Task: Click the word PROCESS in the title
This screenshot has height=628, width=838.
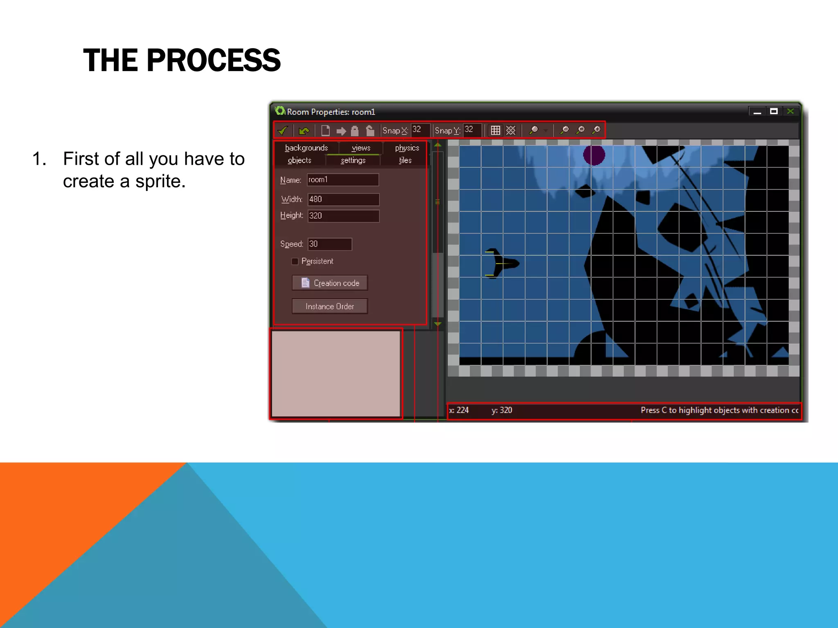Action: click(213, 60)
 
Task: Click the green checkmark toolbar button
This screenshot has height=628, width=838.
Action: click(282, 130)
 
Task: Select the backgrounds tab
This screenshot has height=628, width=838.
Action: click(306, 148)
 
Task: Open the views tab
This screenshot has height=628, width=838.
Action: click(360, 148)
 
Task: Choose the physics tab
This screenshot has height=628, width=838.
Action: click(407, 148)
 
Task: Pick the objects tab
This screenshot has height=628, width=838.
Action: click(299, 160)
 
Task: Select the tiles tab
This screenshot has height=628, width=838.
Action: click(405, 160)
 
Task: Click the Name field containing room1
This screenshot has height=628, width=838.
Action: click(343, 180)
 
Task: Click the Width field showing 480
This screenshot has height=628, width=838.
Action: click(343, 200)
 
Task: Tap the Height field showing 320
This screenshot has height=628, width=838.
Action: click(343, 216)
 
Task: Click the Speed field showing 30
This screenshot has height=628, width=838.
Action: click(329, 244)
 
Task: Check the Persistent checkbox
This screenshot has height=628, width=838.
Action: click(295, 261)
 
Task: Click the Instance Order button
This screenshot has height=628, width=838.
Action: click(329, 306)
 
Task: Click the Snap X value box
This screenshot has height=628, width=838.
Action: click(420, 130)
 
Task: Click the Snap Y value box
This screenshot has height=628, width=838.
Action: click(472, 130)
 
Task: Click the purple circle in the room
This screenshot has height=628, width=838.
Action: click(594, 155)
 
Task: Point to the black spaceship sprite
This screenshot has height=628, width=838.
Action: click(501, 263)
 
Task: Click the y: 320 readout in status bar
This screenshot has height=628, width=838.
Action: click(502, 410)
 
